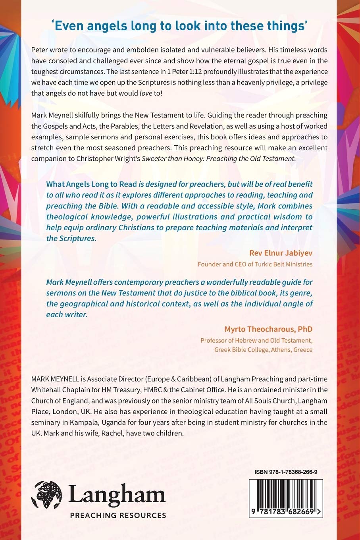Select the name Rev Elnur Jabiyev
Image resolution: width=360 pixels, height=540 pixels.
click(281, 253)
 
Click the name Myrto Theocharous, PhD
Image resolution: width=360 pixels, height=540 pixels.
click(268, 329)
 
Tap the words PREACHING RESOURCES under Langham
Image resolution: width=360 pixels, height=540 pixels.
click(118, 515)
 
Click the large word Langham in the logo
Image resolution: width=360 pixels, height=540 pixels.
click(117, 496)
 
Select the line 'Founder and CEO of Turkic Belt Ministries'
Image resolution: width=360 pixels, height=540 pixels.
click(255, 264)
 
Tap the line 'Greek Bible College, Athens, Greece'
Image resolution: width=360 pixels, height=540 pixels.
click(263, 350)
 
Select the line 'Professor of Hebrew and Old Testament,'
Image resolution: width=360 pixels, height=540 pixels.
click(256, 340)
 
